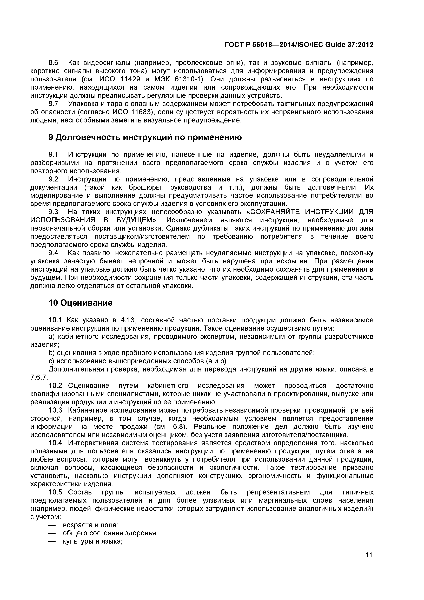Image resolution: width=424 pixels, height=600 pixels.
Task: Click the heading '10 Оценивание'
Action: tap(81, 303)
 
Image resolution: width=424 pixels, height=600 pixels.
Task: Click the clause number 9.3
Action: tap(54, 212)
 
